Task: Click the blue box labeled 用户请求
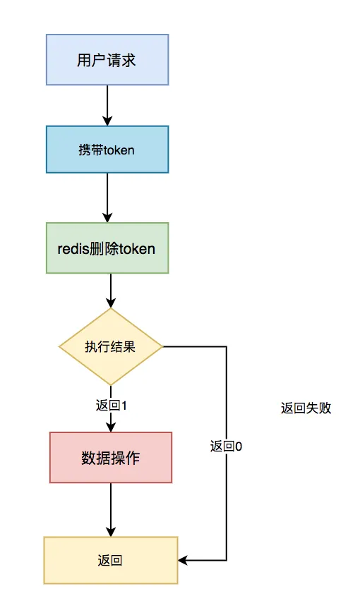click(x=107, y=60)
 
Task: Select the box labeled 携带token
click(x=107, y=150)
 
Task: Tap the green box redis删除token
click(x=107, y=248)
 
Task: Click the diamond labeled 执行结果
click(x=110, y=347)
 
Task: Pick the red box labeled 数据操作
click(x=110, y=458)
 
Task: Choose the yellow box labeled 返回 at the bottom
click(x=110, y=561)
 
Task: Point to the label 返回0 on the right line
click(x=227, y=446)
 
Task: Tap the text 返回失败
click(x=306, y=408)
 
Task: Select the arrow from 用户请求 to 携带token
click(x=107, y=105)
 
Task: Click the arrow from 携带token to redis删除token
click(x=107, y=197)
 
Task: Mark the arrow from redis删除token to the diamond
click(x=110, y=291)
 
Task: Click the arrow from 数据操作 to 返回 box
click(x=110, y=510)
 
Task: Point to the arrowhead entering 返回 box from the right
click(x=183, y=561)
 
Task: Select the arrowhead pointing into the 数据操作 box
click(x=110, y=427)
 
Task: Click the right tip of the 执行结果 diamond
click(x=162, y=346)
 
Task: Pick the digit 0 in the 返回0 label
click(x=239, y=446)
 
